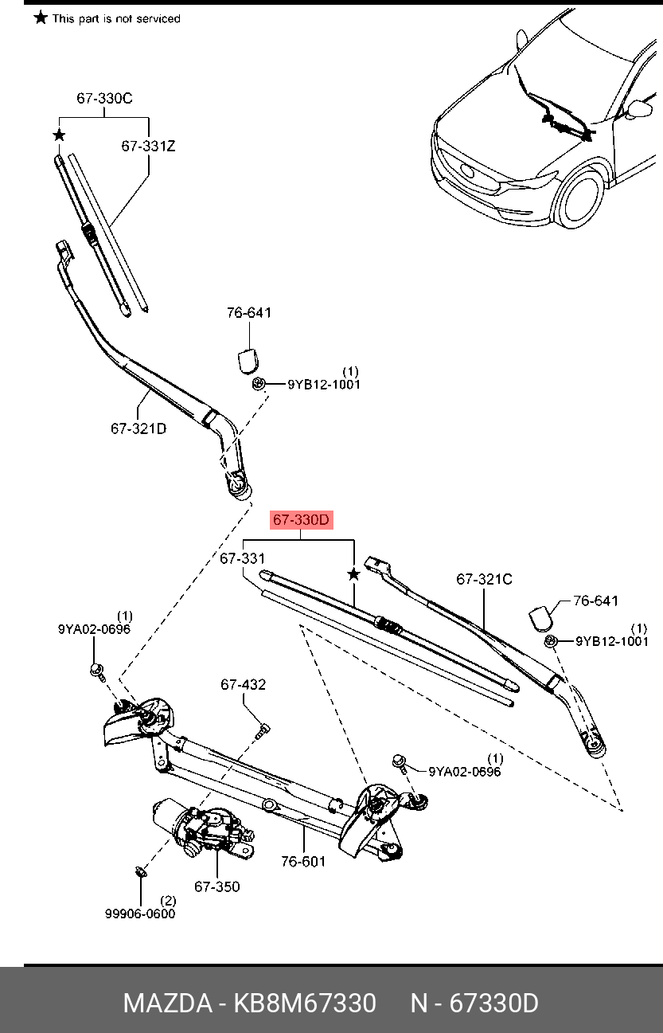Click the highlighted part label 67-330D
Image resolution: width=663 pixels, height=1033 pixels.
pos(301,520)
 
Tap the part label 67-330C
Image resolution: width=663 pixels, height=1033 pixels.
pos(104,98)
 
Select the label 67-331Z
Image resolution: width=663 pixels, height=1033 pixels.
pos(148,147)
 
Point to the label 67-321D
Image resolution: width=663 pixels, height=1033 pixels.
pos(138,428)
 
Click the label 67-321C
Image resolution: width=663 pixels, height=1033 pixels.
pos(484,579)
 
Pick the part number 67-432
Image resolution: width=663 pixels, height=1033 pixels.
pos(244,684)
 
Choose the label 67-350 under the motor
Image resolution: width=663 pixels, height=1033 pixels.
pos(217,886)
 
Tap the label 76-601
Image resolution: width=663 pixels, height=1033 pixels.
pos(303,861)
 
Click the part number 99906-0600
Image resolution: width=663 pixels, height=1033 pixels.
pos(140,914)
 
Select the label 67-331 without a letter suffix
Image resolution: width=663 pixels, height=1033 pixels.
pos(242,558)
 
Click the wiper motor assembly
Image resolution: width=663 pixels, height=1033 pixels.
pos(203,828)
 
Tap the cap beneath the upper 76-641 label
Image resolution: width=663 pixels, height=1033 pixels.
pos(248,361)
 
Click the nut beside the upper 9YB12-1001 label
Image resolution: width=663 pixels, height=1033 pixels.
pos(259,383)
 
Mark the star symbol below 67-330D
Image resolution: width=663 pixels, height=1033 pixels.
pos(353,574)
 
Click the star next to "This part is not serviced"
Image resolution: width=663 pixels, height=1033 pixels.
pos(41,18)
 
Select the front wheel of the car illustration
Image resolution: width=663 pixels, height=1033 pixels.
pos(579,197)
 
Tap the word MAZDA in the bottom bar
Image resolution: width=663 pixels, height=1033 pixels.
pos(168,1003)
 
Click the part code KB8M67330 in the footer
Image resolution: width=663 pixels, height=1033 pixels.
pos(305,1003)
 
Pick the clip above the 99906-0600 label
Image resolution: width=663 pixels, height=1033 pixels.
pos(140,871)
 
